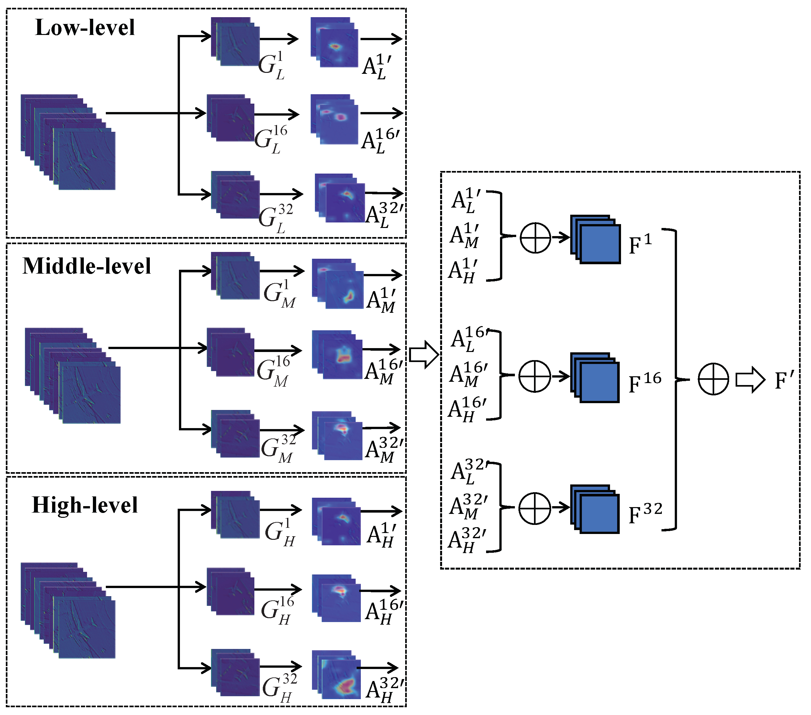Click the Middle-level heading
(x=86, y=266)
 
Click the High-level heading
(x=84, y=505)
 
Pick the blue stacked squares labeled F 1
(x=595, y=239)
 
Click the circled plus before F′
(x=713, y=379)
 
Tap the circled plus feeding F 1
(x=535, y=238)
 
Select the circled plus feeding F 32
(x=534, y=508)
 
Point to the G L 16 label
(x=271, y=140)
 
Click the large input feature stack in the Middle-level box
(x=72, y=376)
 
